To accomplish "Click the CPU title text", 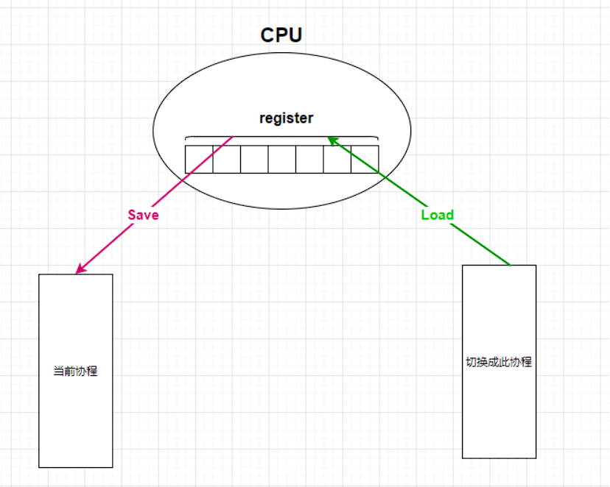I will (x=281, y=35).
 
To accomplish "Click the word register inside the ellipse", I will (x=286, y=118).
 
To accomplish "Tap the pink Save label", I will (x=143, y=215).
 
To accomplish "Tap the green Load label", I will (x=438, y=215).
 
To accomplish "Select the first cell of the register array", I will (x=199, y=159).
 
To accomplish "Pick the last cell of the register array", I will (x=365, y=159).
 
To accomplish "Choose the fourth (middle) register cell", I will (x=281, y=159).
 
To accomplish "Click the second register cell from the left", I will (x=226, y=159).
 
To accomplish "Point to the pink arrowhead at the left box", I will (x=79, y=271).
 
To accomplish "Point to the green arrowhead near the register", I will (x=332, y=139).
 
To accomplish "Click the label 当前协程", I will (x=76, y=372).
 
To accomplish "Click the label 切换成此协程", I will (x=499, y=362).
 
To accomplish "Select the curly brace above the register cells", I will (x=281, y=138).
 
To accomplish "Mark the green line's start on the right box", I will (x=510, y=264).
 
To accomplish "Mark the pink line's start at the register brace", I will (x=233, y=137).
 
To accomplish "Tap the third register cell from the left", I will (x=254, y=159).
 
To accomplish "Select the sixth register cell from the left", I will (x=337, y=159).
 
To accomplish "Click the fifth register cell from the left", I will (x=309, y=159).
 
